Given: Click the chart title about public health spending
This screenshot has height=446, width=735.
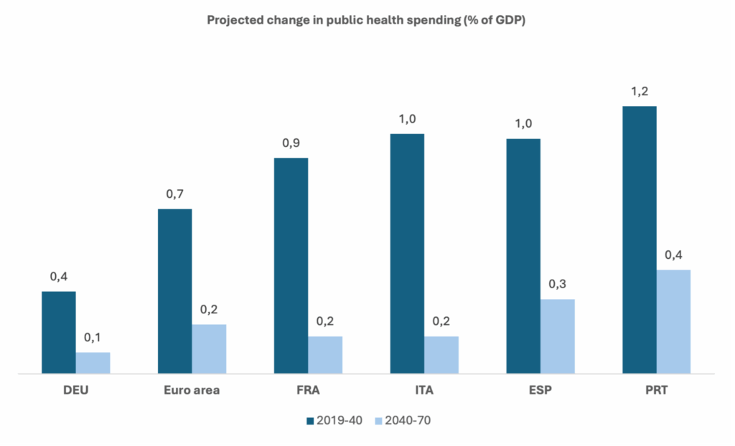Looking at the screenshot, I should (367, 20).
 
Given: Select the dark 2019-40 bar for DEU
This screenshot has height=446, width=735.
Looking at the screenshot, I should (59, 332).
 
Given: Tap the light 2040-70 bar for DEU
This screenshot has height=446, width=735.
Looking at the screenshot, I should (93, 363).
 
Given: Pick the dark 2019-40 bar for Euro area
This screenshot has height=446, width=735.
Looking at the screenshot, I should (174, 291).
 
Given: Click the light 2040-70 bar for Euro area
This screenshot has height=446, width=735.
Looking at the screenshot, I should (209, 348).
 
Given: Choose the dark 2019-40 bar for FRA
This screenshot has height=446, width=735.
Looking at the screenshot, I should (291, 265).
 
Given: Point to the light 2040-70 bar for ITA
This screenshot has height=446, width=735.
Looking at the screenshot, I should (441, 355).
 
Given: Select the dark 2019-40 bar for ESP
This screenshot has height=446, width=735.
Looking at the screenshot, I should (523, 256).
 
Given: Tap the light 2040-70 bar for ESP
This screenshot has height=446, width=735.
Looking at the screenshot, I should (558, 336).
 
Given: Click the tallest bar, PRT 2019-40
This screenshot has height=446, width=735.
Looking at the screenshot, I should (640, 239).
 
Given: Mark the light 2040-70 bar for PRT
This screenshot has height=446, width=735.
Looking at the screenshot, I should (673, 321).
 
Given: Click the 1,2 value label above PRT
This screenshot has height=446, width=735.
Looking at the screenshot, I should (640, 92).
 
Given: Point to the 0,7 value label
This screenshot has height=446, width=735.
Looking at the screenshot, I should (174, 194).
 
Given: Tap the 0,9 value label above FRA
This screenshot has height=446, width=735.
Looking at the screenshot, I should (291, 143).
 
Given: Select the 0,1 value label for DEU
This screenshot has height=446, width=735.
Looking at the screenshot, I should (93, 338).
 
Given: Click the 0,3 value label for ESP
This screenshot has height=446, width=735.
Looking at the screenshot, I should (558, 285).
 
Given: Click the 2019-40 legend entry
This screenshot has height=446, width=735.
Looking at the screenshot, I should (334, 421).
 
